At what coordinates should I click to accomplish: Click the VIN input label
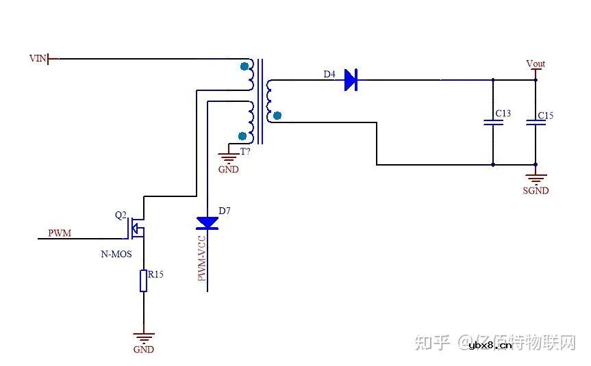click(38, 59)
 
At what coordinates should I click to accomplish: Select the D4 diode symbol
click(350, 81)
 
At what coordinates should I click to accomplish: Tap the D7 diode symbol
click(207, 222)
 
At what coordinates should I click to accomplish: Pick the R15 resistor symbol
click(143, 280)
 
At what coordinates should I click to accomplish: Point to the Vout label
click(536, 64)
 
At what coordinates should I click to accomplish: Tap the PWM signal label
click(59, 233)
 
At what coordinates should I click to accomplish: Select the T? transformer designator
click(244, 151)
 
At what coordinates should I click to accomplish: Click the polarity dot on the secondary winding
click(277, 116)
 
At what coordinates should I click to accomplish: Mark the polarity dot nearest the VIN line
click(244, 66)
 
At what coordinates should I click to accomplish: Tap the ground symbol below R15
click(144, 337)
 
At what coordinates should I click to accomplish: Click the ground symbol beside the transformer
click(228, 157)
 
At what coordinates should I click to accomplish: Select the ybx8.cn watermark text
click(490, 345)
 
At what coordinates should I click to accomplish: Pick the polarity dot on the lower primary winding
click(242, 135)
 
